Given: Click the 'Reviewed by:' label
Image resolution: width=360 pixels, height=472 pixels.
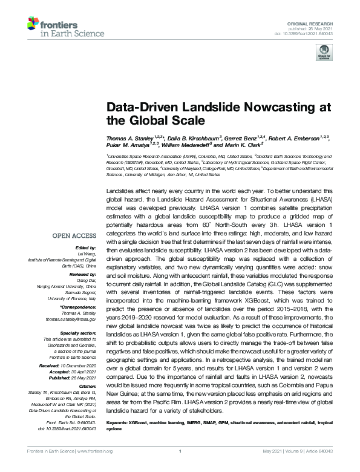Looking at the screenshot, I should click(x=82, y=274).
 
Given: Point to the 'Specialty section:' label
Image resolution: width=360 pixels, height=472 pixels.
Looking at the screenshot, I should click(x=77, y=332).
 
